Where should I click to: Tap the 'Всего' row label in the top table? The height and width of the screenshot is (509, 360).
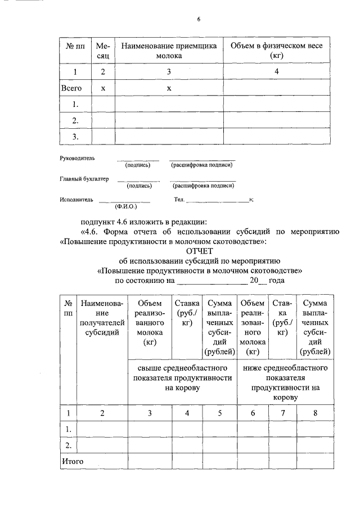coord(71,88)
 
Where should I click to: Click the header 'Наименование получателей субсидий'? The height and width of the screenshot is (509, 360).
coord(102,318)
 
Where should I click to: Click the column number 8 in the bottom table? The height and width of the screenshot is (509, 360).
coord(315,413)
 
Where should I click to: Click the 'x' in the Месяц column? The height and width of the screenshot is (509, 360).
coord(102,88)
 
